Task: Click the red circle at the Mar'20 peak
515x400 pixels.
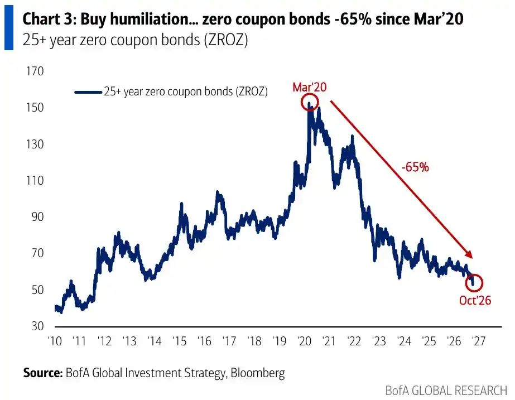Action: coord(301,102)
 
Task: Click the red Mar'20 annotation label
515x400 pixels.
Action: coord(310,87)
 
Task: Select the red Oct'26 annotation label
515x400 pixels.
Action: coord(475,300)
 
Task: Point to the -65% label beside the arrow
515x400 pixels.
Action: coord(415,167)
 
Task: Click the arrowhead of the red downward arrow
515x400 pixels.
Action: coord(470,255)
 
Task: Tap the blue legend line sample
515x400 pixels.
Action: coord(88,92)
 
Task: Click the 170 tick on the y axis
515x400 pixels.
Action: coord(35,71)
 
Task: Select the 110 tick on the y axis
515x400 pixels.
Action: coord(35,180)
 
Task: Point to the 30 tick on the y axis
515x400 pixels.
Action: coord(37,326)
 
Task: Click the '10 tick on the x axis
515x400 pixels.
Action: coord(55,341)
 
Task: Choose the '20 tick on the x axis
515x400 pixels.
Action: coord(304,341)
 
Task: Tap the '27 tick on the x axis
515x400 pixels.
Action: coord(479,341)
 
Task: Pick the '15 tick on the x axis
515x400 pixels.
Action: coord(180,341)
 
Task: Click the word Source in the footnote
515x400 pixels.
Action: coord(42,373)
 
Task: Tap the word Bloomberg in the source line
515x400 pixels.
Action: coord(258,374)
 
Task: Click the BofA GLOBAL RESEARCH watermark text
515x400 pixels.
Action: coord(446,391)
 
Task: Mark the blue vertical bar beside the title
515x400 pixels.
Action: coord(9,27)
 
